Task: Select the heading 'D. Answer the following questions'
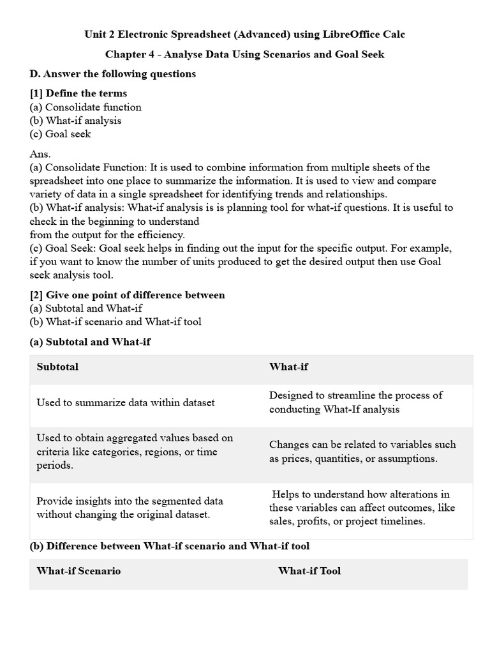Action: (113, 74)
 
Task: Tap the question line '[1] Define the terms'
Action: (78, 93)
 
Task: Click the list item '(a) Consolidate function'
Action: (85, 107)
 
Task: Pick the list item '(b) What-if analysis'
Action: (75, 120)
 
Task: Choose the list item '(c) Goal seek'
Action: (61, 133)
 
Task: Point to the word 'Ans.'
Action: (40, 154)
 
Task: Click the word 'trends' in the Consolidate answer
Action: (281, 194)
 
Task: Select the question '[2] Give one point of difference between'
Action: (127, 295)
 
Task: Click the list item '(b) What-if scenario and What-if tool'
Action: (115, 321)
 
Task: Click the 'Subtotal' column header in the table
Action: (57, 367)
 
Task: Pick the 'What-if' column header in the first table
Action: (288, 367)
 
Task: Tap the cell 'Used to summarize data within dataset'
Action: (126, 402)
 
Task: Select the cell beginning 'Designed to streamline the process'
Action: (355, 402)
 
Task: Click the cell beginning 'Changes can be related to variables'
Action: (362, 452)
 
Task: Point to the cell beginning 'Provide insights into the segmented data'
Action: (130, 508)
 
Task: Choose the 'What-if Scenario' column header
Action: (78, 571)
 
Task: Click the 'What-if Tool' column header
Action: (309, 571)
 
